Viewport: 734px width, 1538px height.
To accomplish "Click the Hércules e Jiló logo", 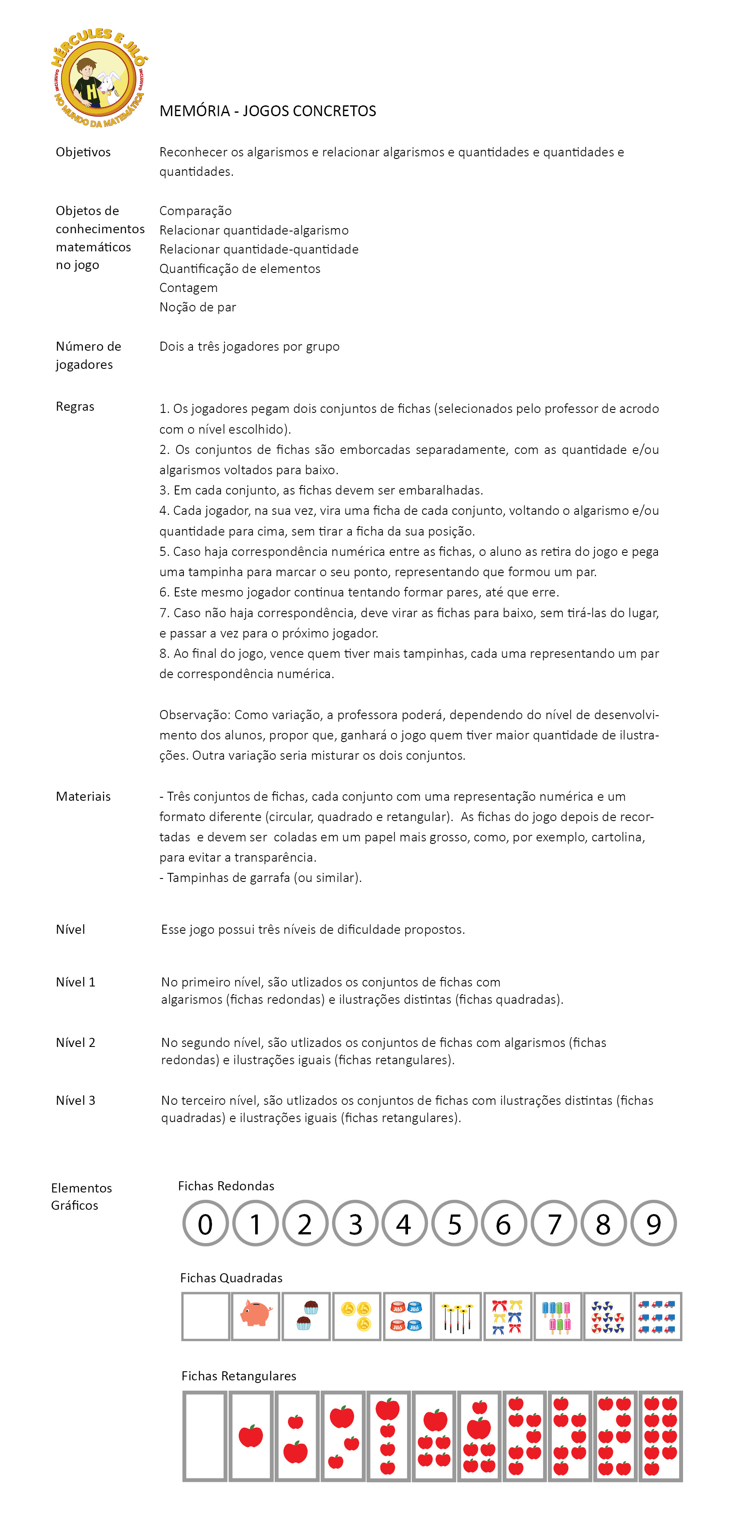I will [99, 78].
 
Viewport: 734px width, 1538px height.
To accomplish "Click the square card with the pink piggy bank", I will [256, 1316].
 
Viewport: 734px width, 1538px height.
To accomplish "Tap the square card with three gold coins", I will [356, 1316].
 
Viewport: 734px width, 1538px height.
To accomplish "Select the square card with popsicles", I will [557, 1316].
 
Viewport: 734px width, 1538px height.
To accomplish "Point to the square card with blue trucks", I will [658, 1316].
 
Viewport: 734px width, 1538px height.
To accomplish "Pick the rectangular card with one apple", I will [250, 1436].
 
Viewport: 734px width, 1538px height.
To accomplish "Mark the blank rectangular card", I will [205, 1436].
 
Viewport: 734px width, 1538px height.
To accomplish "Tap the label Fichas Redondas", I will [226, 1186].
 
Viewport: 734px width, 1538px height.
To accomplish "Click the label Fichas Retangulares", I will [239, 1376].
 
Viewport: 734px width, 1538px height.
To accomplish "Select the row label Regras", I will [75, 406].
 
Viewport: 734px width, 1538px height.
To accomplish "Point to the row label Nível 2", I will [76, 1043].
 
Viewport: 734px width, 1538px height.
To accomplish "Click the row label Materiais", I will [83, 796].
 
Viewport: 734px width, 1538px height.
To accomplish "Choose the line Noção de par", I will [197, 307].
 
